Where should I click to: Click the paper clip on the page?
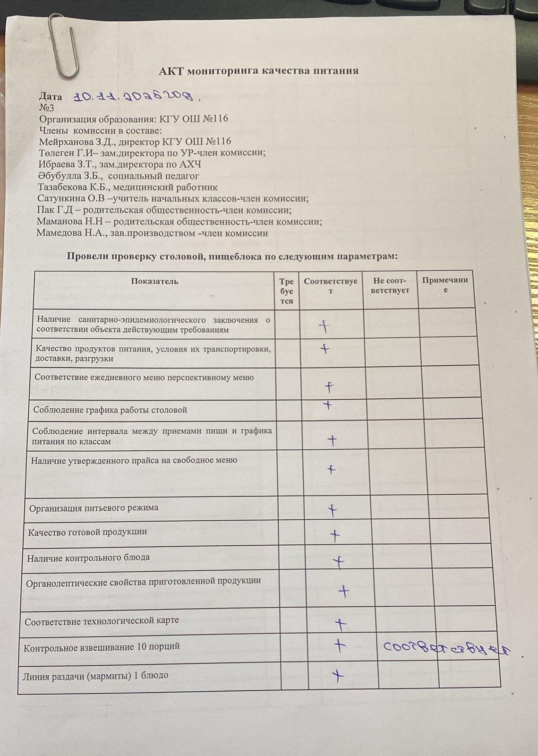click(65, 46)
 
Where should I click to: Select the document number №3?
click(47, 108)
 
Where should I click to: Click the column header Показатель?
click(154, 282)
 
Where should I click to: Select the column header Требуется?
click(286, 291)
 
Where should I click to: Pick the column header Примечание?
click(445, 284)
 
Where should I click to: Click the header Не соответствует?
click(390, 285)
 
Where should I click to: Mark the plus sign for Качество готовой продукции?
click(335, 536)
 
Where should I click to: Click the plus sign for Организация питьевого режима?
click(333, 510)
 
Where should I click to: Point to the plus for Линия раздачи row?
click(337, 676)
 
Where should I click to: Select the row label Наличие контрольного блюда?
click(88, 558)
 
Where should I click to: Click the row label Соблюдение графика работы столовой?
click(110, 410)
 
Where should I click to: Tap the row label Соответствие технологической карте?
click(102, 621)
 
